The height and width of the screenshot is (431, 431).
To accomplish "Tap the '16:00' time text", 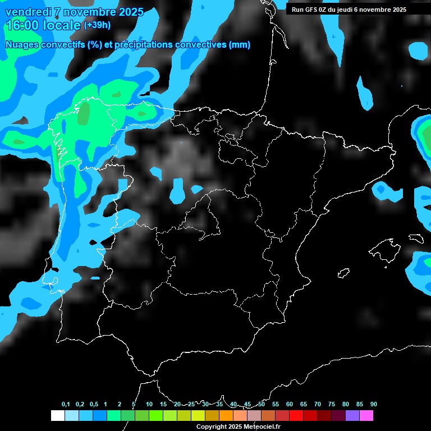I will point(21,25).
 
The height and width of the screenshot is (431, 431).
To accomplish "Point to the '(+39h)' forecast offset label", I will point(97,25).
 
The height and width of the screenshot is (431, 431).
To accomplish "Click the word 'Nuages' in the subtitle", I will point(22,45).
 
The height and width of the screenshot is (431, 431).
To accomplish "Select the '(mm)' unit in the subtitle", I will point(240,45).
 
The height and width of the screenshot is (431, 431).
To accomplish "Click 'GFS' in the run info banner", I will point(311,10).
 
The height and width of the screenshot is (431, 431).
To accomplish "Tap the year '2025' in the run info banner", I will point(397,10).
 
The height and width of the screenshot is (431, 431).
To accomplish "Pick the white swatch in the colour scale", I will point(57,416).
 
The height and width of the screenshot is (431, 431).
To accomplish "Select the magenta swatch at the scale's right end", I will point(366,416).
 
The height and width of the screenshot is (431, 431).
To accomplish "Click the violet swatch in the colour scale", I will point(352,416).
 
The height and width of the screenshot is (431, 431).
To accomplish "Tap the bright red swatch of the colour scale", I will point(296,416).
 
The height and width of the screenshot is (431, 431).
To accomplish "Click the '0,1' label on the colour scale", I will point(66,405).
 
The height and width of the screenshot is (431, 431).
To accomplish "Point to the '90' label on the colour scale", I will point(373,405).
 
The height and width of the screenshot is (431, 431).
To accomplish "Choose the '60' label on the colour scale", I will point(290,405).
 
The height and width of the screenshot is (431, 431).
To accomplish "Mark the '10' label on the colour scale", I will point(149,405).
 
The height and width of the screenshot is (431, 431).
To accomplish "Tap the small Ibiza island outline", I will point(343,273).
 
